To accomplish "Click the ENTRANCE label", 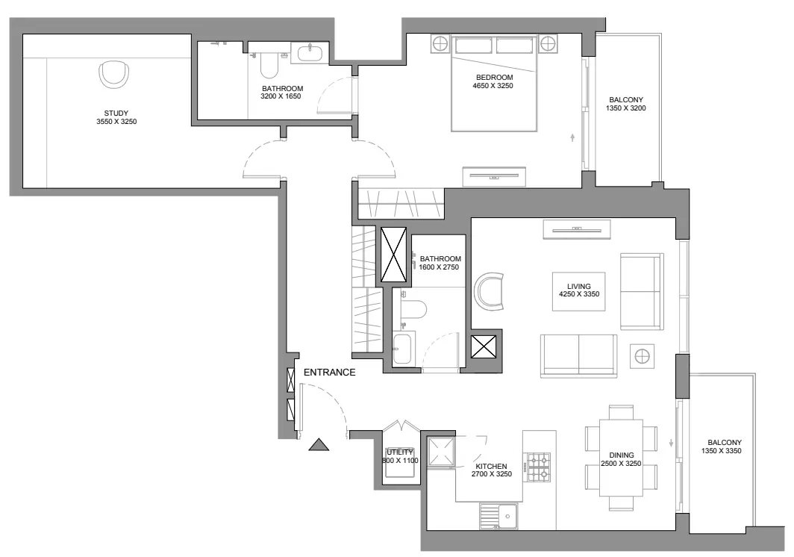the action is click(329, 372).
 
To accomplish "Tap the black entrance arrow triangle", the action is click(319, 445).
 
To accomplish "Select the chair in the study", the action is click(113, 74).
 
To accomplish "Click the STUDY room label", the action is click(116, 113).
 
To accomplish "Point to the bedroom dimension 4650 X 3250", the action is click(493, 86).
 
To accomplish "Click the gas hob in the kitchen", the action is click(539, 467).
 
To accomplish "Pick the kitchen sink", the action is click(498, 516).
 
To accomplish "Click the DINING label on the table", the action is click(622, 455).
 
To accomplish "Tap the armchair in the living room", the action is click(490, 291).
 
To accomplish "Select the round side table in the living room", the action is click(642, 356).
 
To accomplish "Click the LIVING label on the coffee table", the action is click(579, 287).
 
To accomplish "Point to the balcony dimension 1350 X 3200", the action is click(626, 108).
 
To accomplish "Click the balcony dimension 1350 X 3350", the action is click(721, 450).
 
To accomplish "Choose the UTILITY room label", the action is click(400, 452).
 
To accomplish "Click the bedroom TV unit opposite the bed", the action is click(494, 176).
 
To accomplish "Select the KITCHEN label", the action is click(491, 466).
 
